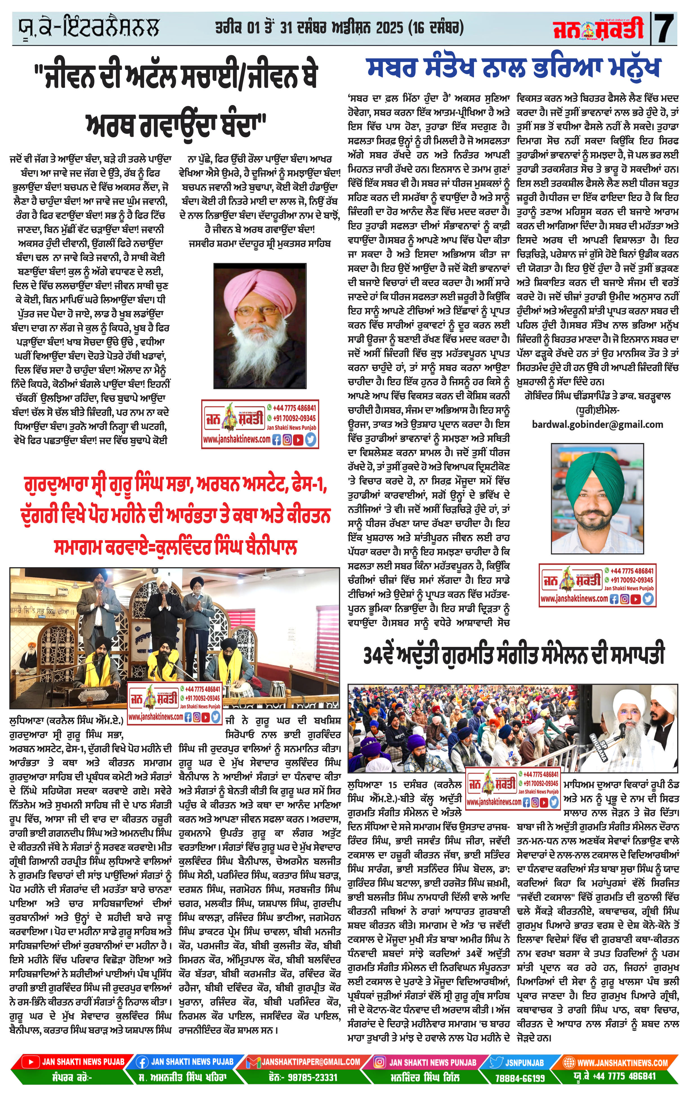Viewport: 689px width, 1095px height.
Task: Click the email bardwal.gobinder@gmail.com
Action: pos(597,424)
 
